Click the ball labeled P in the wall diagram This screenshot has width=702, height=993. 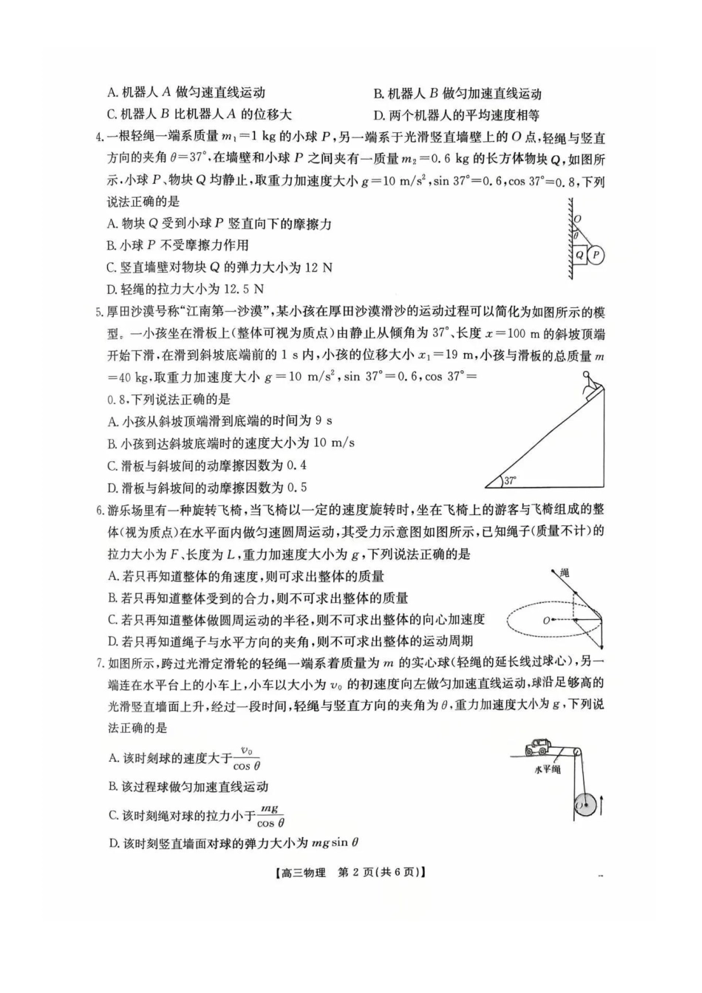click(596, 255)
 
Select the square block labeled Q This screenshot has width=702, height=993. click(579, 256)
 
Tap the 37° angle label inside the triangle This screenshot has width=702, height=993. click(511, 481)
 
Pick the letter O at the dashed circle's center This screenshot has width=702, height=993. click(546, 621)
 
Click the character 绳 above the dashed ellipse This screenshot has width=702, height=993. click(565, 573)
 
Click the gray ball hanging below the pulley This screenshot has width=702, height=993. click(587, 803)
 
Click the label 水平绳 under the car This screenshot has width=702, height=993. click(547, 769)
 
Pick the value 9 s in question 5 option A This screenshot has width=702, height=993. click(323, 420)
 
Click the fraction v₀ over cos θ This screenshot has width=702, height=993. click(246, 758)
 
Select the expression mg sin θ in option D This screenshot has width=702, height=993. click(335, 842)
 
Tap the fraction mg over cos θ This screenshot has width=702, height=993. click(271, 816)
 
